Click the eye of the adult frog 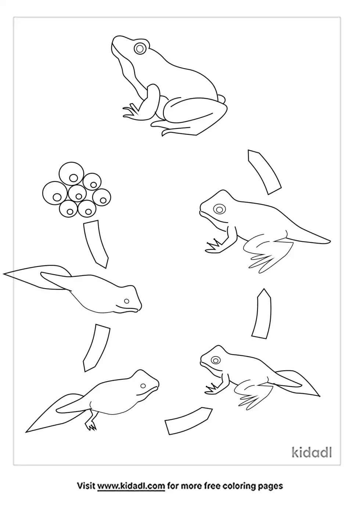click(x=140, y=48)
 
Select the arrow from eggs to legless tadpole click(x=95, y=243)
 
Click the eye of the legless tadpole click(x=127, y=301)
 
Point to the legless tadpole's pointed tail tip click(x=4, y=274)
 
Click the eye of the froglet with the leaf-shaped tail click(x=215, y=360)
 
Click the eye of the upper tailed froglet click(x=219, y=209)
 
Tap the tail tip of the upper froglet click(x=330, y=240)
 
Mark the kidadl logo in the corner click(x=312, y=452)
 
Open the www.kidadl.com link click(x=131, y=485)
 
